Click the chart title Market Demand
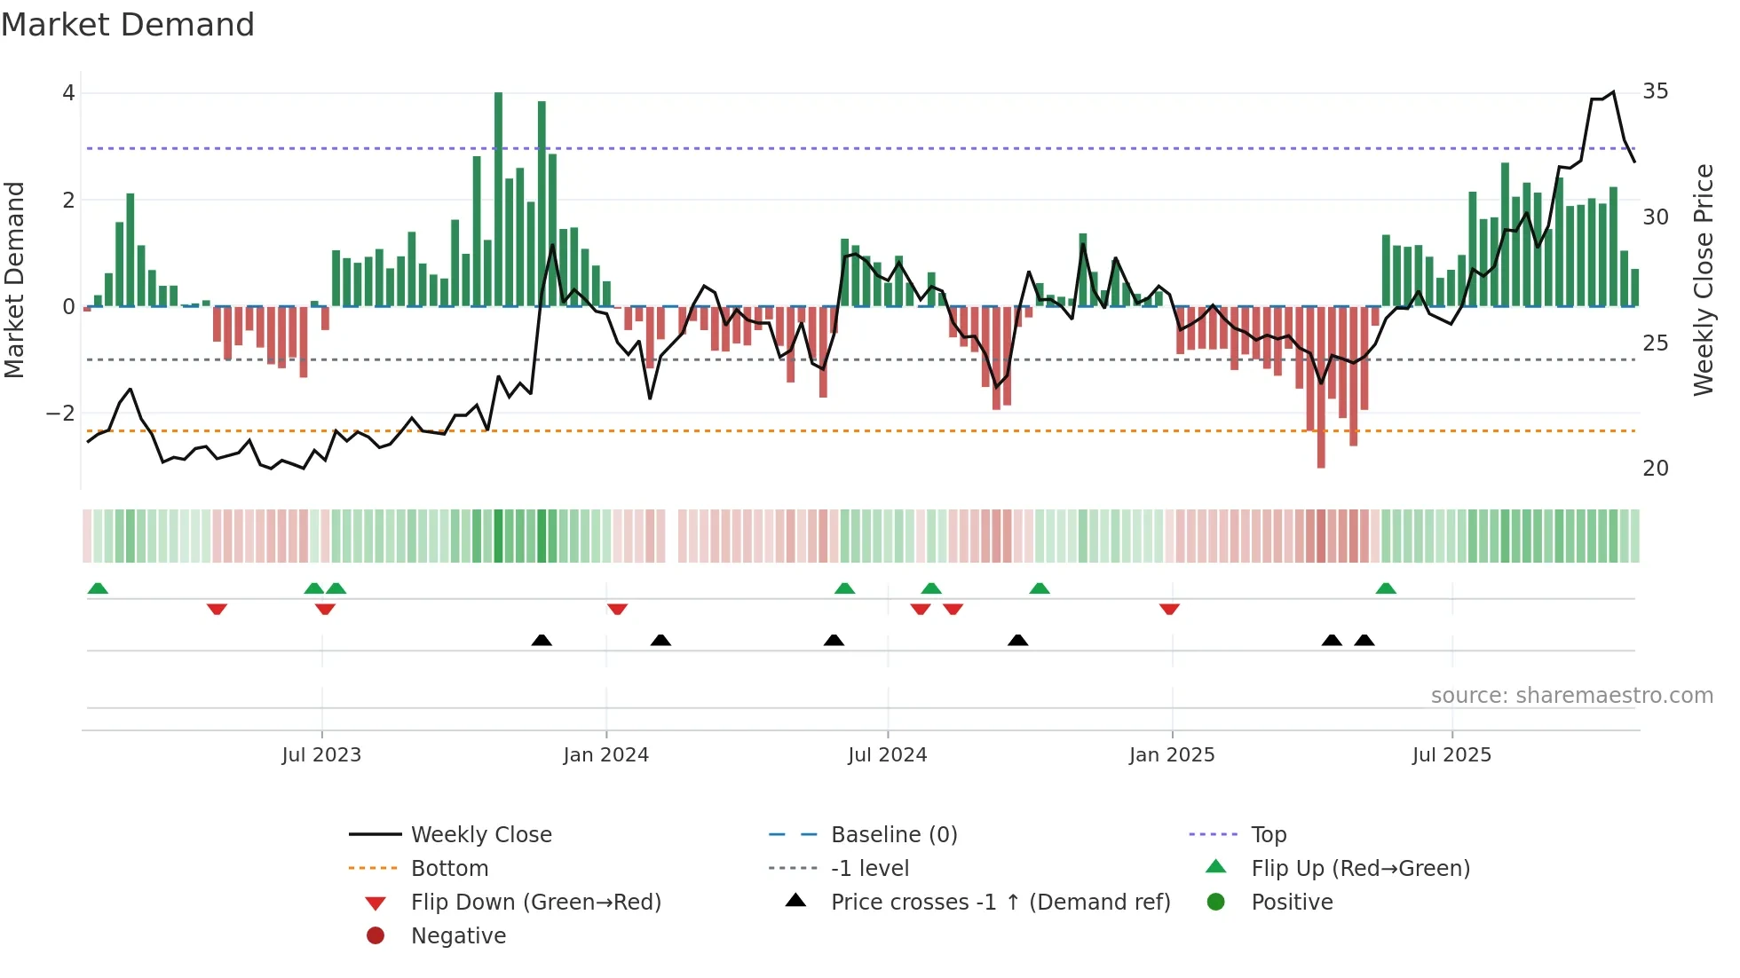tap(128, 25)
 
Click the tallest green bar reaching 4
tap(498, 200)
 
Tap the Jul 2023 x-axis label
tap(321, 755)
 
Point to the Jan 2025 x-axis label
tap(1172, 755)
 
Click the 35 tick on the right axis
tap(1655, 91)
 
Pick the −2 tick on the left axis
tap(60, 414)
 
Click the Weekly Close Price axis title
tap(1703, 280)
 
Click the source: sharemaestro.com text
tap(1571, 696)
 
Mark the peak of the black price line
tap(1613, 92)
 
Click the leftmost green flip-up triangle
tap(98, 588)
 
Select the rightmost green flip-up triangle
tap(1386, 588)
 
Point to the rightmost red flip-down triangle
tap(1169, 609)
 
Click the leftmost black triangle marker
tap(542, 640)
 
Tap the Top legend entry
tap(1268, 835)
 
